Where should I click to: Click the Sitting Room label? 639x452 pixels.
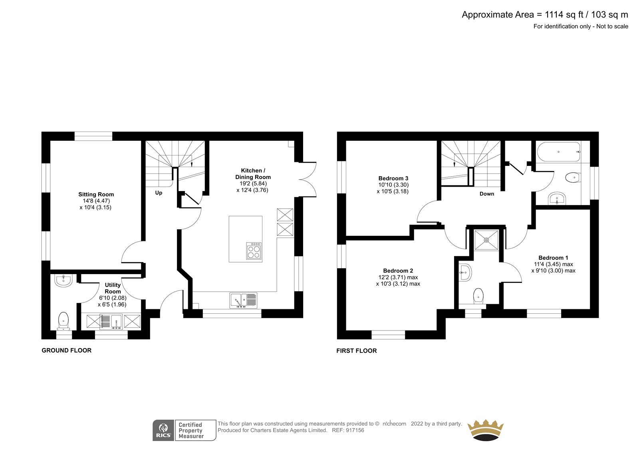coord(96,195)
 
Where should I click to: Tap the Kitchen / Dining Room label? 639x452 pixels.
coord(253,173)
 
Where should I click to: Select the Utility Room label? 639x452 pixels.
coord(113,288)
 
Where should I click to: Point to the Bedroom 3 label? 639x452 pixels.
coord(393,179)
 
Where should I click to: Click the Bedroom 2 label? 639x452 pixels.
coord(398,271)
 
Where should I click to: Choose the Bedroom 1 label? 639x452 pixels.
coord(553,258)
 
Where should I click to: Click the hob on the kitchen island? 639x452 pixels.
coord(254,251)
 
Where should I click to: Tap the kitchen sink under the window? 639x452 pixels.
coord(243,301)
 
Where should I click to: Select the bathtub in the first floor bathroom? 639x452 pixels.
coord(559,152)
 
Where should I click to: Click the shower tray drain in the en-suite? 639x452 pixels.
coord(486,240)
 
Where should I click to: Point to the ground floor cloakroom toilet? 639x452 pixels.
coord(64,321)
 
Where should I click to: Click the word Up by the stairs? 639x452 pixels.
coord(159,193)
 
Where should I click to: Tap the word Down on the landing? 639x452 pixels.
coord(487,194)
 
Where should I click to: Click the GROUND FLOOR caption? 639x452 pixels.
coord(66,350)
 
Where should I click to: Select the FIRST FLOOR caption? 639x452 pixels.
coord(357,350)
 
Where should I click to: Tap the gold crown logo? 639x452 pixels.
coord(486,430)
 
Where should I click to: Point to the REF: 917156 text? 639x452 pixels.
coord(348,430)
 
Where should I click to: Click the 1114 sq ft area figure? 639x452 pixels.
coord(564,15)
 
